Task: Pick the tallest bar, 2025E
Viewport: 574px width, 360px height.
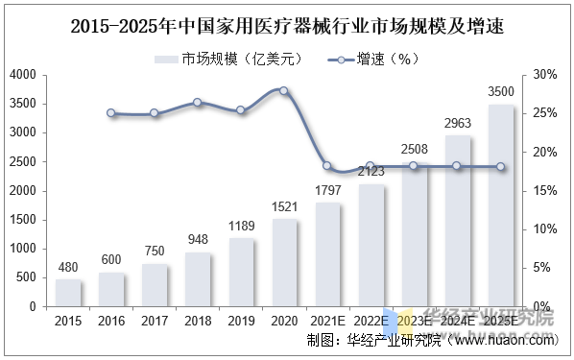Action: coord(500,205)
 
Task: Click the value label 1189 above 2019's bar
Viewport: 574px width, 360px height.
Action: coord(240,227)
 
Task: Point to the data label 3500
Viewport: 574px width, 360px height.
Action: coord(500,92)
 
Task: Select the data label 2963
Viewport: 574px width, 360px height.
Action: coord(457,124)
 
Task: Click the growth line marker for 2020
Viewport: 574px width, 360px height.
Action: coord(283,90)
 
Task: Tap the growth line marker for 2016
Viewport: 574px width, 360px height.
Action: coord(111,113)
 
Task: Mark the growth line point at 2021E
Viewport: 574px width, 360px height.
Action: coord(327,166)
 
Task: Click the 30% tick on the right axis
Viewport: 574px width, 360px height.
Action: coord(543,75)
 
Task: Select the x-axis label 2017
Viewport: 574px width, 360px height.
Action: coord(154,321)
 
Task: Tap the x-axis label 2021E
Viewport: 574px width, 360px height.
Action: coord(327,321)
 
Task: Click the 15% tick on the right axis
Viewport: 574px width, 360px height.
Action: coord(543,191)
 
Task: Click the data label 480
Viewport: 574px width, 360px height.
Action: coord(68,268)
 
